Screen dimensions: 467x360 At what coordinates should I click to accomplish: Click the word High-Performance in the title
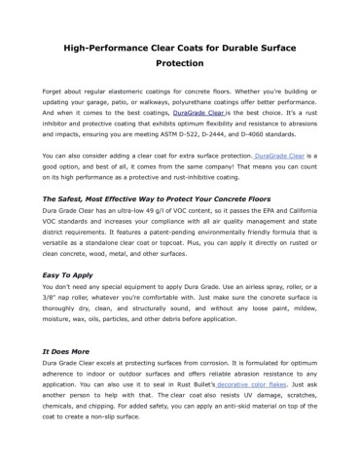pos(102,47)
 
